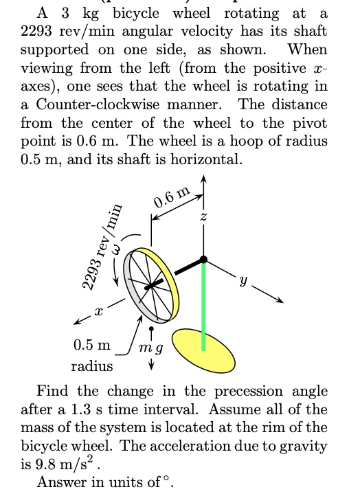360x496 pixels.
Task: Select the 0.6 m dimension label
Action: coord(170,199)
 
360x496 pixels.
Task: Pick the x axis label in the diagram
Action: coord(98,311)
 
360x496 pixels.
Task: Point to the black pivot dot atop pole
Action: coord(203,259)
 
